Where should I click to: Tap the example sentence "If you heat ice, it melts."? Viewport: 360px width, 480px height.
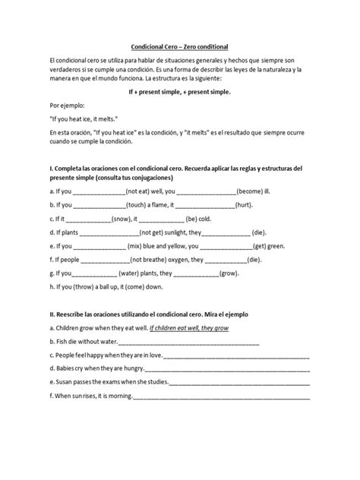click(83, 118)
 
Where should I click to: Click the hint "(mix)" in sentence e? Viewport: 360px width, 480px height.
click(138, 246)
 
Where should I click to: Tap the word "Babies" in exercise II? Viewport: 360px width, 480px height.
click(64, 368)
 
